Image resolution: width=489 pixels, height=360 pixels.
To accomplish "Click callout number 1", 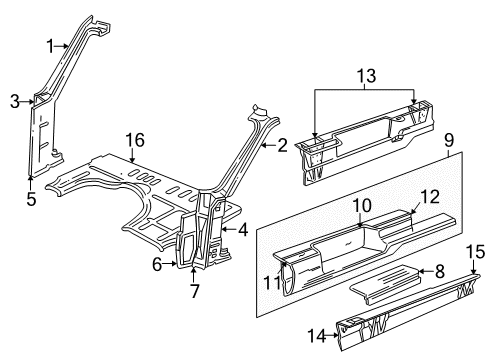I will tap(50, 44).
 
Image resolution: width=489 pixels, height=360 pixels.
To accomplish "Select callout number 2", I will tap(282, 146).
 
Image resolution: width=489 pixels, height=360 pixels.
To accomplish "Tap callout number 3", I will tap(15, 99).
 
